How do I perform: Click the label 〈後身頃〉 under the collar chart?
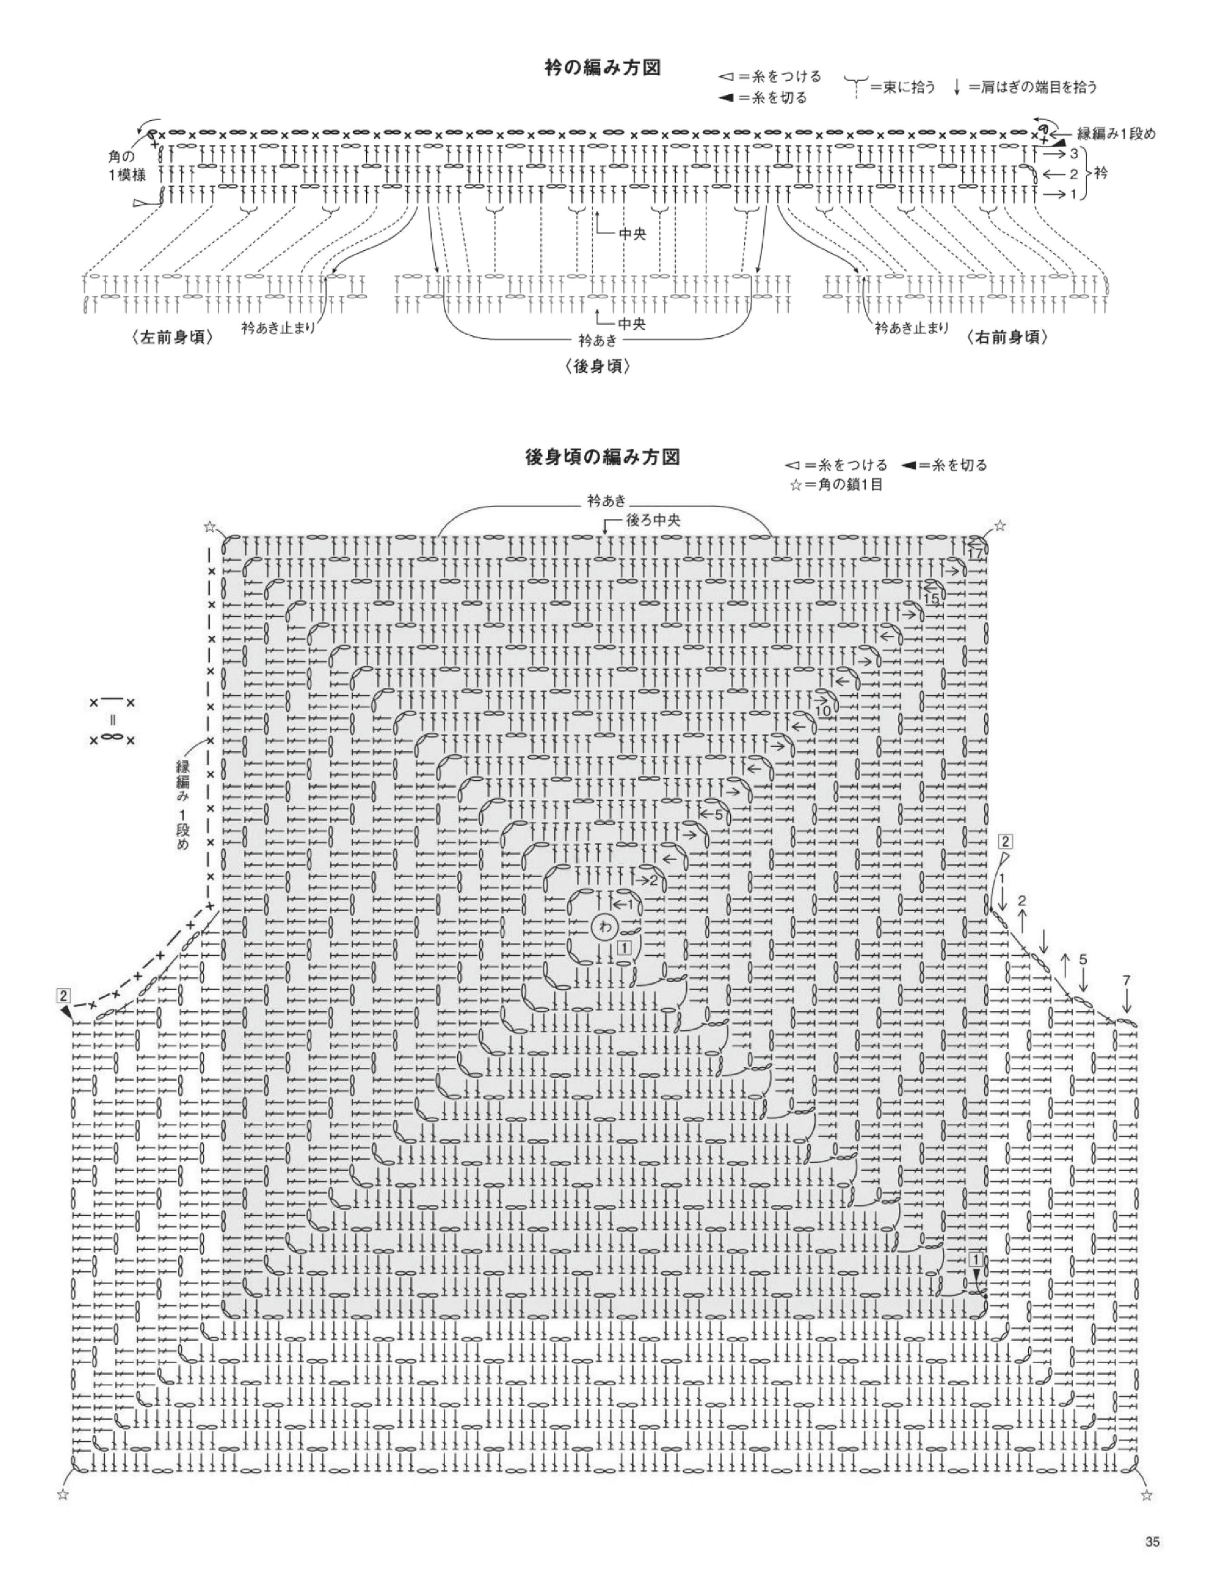click(598, 366)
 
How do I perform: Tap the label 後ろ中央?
click(652, 520)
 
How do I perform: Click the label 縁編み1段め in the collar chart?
click(1116, 134)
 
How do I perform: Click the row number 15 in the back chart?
click(932, 598)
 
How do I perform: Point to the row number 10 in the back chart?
click(823, 711)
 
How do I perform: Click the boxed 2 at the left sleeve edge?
click(64, 995)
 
